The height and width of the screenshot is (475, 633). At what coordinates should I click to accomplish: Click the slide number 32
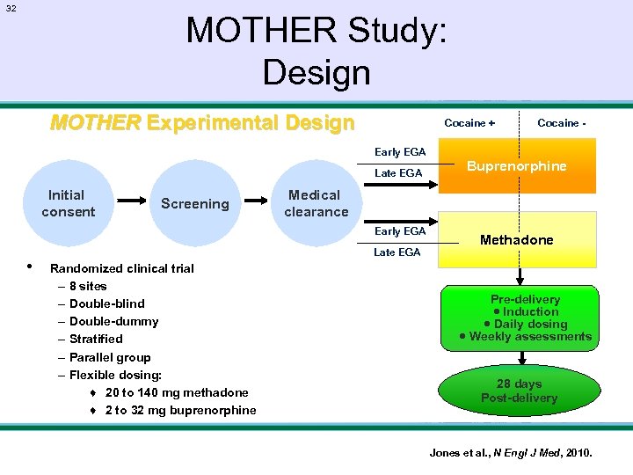pyautogui.click(x=11, y=8)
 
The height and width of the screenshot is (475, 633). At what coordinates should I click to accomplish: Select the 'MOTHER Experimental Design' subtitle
pyautogui.click(x=202, y=122)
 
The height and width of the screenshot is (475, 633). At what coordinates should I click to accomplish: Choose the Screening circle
pyautogui.click(x=194, y=203)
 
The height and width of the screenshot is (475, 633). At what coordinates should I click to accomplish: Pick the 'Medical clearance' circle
pyautogui.click(x=316, y=203)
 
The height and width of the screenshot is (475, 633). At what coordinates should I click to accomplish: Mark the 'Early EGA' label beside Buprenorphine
pyautogui.click(x=400, y=152)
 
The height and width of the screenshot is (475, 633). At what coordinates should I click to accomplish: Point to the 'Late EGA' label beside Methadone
pyautogui.click(x=397, y=252)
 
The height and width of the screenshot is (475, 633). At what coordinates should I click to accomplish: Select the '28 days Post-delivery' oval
pyautogui.click(x=520, y=391)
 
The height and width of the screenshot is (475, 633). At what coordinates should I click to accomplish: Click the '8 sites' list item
pyautogui.click(x=88, y=286)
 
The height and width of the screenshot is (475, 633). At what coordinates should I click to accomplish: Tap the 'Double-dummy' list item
pyautogui.click(x=113, y=321)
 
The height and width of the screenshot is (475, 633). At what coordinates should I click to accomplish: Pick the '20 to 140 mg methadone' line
pyautogui.click(x=176, y=392)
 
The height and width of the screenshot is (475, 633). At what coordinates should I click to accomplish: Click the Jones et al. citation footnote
pyautogui.click(x=510, y=453)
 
